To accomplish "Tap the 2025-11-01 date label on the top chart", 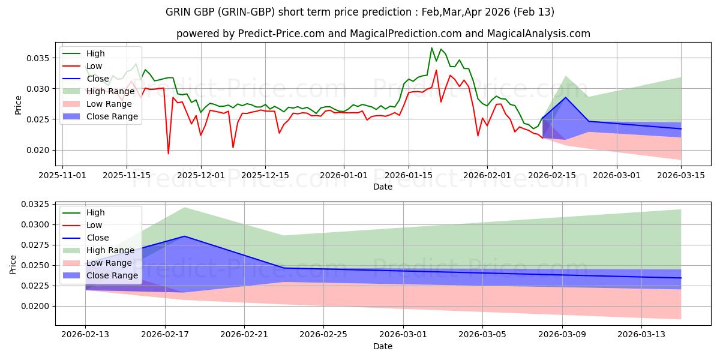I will (x=63, y=175).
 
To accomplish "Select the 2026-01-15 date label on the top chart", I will (x=409, y=175).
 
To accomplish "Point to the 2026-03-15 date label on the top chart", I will (x=681, y=175).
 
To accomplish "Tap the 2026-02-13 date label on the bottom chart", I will (x=85, y=335).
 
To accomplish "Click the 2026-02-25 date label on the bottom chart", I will (x=324, y=335).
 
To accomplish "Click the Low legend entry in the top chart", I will (x=94, y=66).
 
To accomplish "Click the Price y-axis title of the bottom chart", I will (x=13, y=263).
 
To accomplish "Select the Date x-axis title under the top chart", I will (x=383, y=187).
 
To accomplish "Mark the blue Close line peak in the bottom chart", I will (x=184, y=236).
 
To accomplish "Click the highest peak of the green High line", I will (x=431, y=48).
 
